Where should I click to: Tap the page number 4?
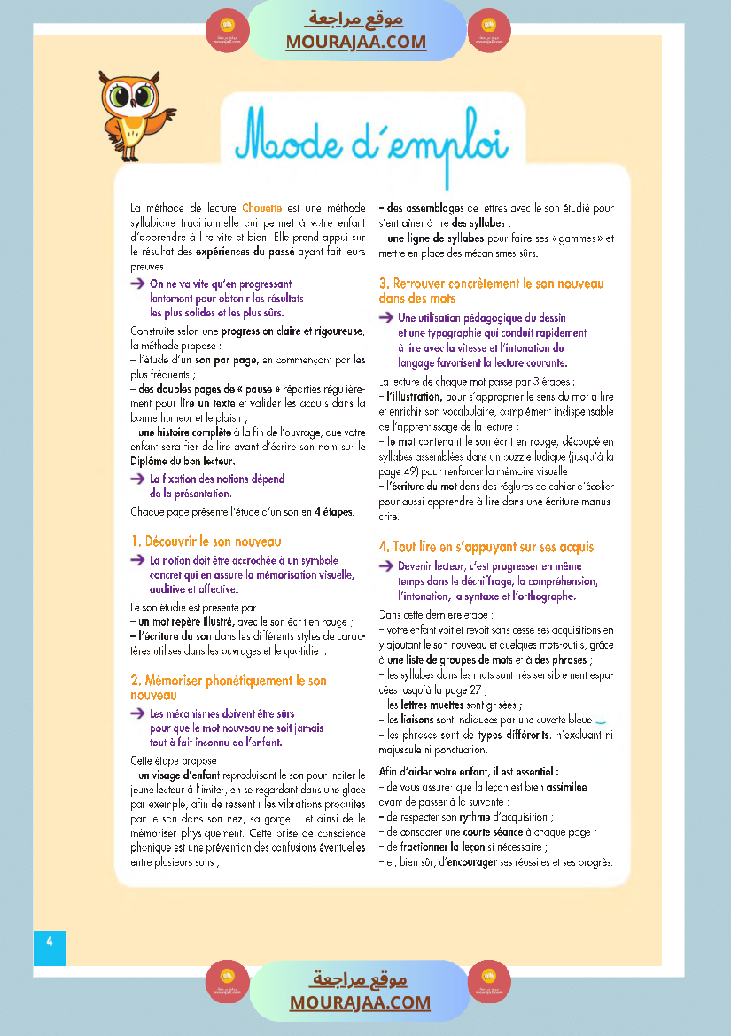coord(50,941)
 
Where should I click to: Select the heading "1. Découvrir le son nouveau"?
coord(206,541)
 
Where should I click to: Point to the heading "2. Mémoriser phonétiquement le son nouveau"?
coord(229,688)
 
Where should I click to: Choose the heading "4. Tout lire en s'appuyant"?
coord(486,547)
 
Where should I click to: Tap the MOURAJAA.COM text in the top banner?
coord(355,42)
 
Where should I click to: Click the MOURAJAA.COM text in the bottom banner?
coord(360,1002)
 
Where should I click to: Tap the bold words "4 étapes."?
coord(334,511)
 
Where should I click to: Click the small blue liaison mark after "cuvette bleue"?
coord(602,720)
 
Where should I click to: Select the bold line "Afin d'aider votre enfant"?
coord(468,771)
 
